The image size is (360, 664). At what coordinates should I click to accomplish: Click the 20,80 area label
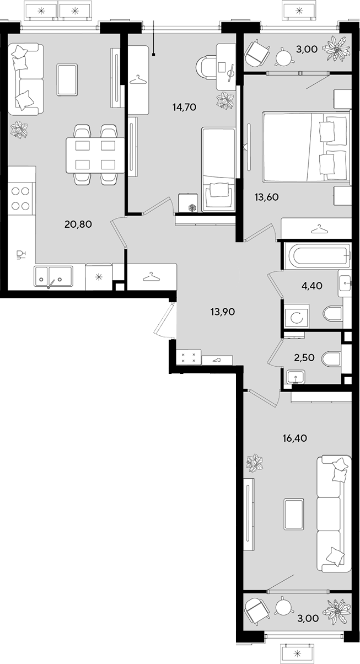[78, 224]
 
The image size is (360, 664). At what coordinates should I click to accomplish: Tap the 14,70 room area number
[184, 107]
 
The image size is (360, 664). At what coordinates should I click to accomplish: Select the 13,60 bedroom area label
[267, 197]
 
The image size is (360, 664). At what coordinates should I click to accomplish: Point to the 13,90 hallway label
[223, 312]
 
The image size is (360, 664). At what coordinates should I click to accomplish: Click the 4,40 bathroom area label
[311, 286]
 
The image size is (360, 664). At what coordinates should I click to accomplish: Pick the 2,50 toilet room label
[304, 357]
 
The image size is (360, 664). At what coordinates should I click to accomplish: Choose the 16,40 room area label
[295, 438]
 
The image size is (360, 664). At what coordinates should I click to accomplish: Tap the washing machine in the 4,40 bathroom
[296, 315]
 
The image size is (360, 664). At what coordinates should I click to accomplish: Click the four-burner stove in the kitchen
[20, 198]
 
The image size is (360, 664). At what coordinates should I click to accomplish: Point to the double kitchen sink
[53, 276]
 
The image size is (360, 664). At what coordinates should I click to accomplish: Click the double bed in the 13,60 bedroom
[307, 147]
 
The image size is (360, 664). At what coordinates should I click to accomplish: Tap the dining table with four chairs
[95, 155]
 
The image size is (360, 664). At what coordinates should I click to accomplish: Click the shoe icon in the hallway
[217, 360]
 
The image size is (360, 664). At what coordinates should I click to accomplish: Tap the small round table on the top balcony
[284, 56]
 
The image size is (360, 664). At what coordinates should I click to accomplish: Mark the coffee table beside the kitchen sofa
[67, 79]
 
